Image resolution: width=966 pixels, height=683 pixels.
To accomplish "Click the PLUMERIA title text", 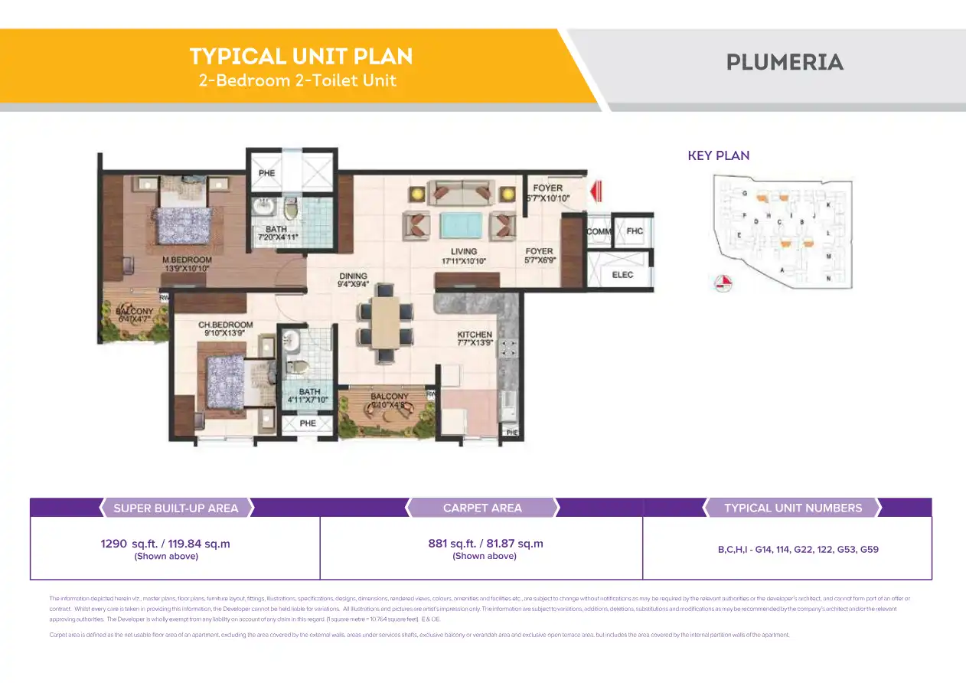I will [x=785, y=62].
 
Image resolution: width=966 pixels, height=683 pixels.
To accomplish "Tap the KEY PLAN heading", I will [x=718, y=155].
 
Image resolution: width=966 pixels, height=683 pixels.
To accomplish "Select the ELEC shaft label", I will [x=622, y=275].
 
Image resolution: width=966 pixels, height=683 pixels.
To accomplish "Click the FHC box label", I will [x=635, y=231].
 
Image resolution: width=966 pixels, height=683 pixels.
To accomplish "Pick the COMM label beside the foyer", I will [x=598, y=231].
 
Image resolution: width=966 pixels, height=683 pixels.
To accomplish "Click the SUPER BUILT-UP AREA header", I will [x=176, y=508].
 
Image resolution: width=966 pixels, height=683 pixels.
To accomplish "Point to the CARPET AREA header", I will [x=482, y=508].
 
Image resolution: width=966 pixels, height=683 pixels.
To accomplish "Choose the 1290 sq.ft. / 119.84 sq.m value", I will [x=165, y=544].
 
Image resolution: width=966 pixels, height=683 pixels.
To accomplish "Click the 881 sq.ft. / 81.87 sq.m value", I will [x=485, y=544].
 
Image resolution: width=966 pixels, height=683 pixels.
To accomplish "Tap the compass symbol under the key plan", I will [x=723, y=284].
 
